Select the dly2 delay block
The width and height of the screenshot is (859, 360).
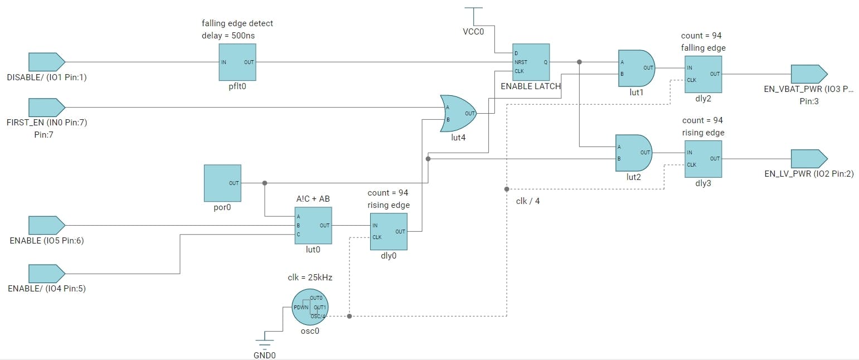pos(703,74)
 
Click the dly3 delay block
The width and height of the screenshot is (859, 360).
pos(703,158)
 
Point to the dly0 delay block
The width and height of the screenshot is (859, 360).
pos(389,232)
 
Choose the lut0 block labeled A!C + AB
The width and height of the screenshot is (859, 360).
pos(313,225)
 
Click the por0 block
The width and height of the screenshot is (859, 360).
pos(222,183)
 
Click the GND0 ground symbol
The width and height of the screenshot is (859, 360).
pos(265,340)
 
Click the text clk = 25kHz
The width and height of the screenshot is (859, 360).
pos(310,278)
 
